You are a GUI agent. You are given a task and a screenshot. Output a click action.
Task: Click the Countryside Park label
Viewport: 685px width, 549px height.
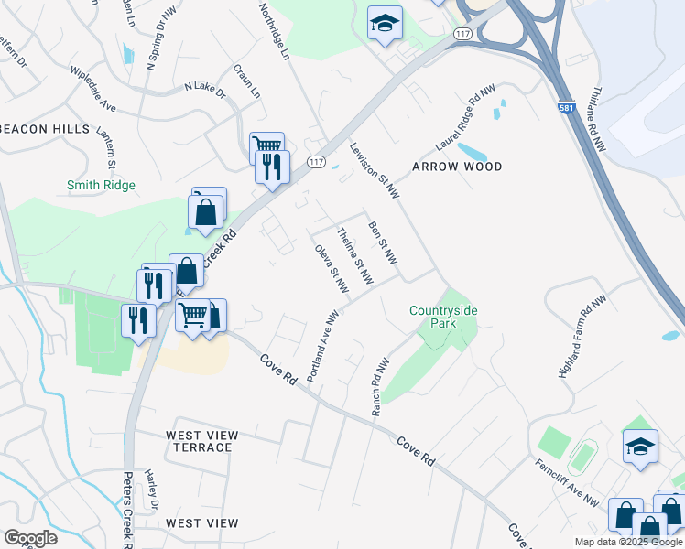pos(443,318)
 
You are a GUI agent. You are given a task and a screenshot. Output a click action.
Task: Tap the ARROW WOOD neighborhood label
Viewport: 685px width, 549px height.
pos(457,167)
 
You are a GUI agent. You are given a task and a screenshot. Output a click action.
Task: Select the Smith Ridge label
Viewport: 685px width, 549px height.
pos(101,186)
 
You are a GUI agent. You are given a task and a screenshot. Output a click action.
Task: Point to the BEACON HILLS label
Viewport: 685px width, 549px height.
pos(45,129)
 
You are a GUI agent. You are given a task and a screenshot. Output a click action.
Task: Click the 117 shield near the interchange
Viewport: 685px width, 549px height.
pos(462,34)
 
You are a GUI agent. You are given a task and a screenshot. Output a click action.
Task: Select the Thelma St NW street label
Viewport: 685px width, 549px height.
pos(356,254)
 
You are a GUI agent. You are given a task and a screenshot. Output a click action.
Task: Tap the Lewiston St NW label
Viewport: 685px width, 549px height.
pos(375,171)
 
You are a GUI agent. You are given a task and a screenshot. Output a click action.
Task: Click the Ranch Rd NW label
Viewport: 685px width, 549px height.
pos(379,387)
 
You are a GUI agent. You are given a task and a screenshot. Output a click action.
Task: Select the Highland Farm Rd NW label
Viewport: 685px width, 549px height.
pos(582,336)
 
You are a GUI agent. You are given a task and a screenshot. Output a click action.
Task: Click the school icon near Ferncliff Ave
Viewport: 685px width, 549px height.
pos(641,447)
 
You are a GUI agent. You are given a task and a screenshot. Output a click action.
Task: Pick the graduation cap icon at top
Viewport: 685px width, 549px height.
pos(386,23)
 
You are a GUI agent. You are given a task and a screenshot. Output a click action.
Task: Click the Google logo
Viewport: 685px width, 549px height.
pos(30,538)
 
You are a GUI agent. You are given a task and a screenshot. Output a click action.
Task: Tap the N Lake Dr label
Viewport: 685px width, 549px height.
pos(204,88)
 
